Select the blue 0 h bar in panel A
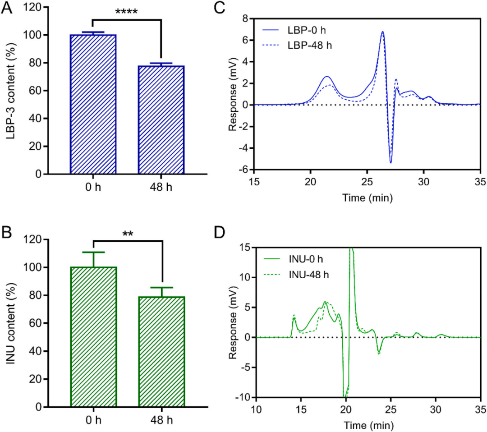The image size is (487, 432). coord(93,104)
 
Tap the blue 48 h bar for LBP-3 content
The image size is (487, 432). coord(161,119)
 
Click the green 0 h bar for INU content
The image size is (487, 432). coord(93,336)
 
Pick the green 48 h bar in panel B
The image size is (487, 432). coord(161,351)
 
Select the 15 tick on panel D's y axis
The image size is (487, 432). coord(244,247)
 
